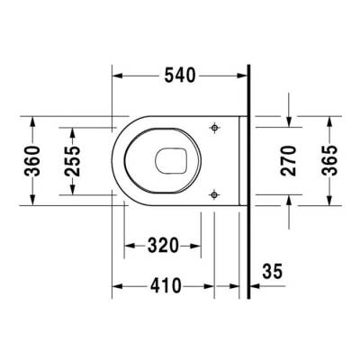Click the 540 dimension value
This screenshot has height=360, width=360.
pos(179,75)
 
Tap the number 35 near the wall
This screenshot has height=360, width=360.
pos(274,270)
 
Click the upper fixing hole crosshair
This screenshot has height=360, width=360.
pos(214,129)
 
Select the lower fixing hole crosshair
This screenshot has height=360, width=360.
pos(214,193)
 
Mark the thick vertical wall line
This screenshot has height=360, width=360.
pos(248,180)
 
